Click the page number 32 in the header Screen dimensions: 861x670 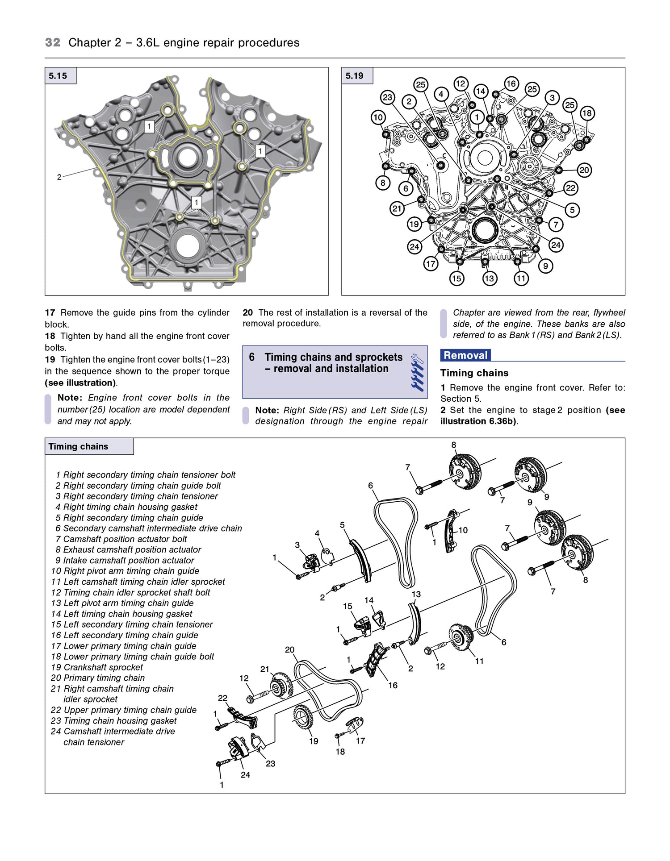[52, 42]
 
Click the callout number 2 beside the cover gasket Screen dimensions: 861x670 [59, 177]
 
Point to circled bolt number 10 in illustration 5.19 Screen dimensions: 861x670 [378, 117]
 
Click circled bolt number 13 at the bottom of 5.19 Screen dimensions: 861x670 [489, 279]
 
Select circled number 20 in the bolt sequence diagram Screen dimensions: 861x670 [584, 170]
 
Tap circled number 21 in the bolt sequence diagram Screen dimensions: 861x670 [397, 208]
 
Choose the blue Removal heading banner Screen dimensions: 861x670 [465, 355]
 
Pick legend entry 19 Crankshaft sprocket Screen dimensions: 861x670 [97, 667]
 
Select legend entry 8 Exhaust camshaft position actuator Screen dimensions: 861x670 [128, 549]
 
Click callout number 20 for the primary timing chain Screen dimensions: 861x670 [289, 650]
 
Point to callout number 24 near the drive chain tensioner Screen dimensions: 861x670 [245, 775]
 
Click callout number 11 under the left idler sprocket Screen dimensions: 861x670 [479, 661]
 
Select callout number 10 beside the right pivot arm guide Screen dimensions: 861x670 [463, 530]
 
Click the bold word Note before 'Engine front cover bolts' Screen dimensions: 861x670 [70, 398]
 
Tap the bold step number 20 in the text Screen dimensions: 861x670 [248, 312]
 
